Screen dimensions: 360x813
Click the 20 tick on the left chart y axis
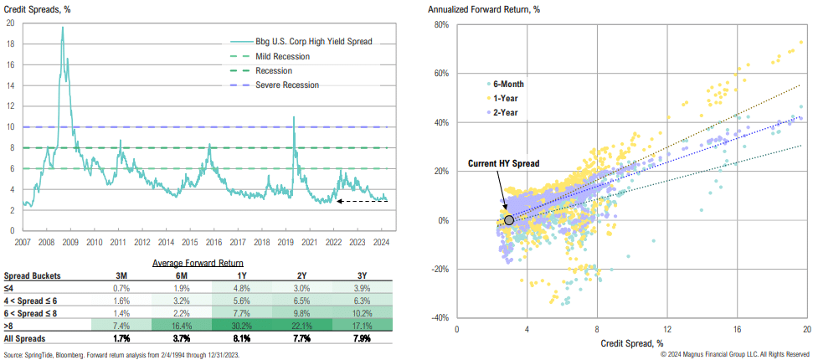click(10, 23)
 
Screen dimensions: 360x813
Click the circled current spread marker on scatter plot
click(509, 220)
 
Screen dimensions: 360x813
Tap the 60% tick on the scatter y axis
click(441, 73)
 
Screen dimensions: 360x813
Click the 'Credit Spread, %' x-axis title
click(632, 343)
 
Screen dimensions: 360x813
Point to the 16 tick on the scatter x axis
click(738, 329)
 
